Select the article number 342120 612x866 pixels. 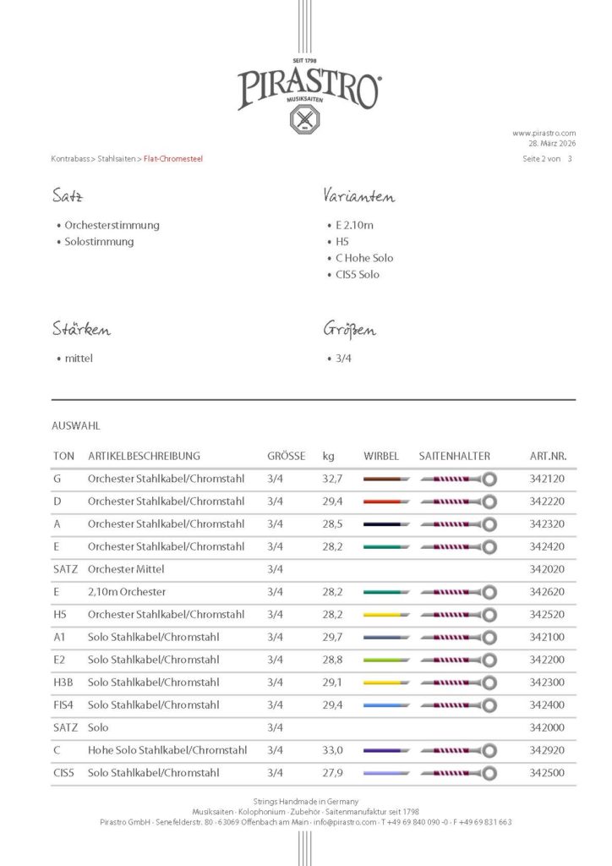coord(547,479)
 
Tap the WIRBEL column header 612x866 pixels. coord(380,456)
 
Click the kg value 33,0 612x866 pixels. coord(334,750)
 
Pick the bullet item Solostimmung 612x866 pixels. coord(99,242)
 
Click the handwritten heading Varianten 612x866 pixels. coord(358,196)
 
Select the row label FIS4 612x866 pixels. coord(64,705)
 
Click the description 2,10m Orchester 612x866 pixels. coord(127,592)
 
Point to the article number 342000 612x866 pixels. coord(547,727)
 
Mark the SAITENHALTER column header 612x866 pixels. coord(454,456)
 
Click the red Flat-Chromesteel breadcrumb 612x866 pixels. coord(173,159)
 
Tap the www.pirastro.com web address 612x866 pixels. coord(544,133)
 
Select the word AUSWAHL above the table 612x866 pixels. coord(75,426)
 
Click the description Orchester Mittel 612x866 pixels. coord(126,569)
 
